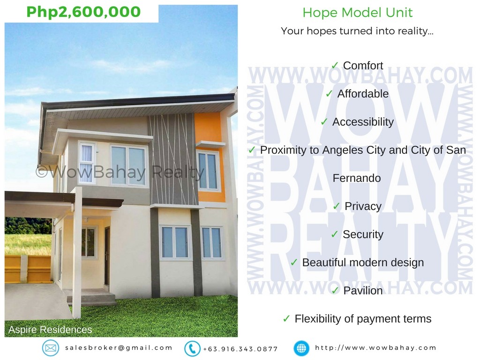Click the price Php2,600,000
(x=83, y=12)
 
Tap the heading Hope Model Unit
(x=357, y=13)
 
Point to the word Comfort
(x=363, y=66)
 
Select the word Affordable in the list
(x=363, y=94)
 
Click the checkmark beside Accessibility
(x=324, y=122)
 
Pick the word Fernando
(x=357, y=178)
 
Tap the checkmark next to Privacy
(x=337, y=206)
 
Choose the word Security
(x=363, y=234)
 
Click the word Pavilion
(x=363, y=291)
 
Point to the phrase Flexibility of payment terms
(x=363, y=319)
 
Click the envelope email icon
(x=51, y=348)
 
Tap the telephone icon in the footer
(x=192, y=348)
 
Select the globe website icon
(x=301, y=348)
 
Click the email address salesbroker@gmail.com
(x=119, y=348)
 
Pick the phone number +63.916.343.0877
(x=240, y=349)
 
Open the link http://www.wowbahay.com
(x=376, y=348)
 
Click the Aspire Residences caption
(x=50, y=330)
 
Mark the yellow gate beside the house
(x=28, y=269)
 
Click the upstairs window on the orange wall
(x=208, y=171)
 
